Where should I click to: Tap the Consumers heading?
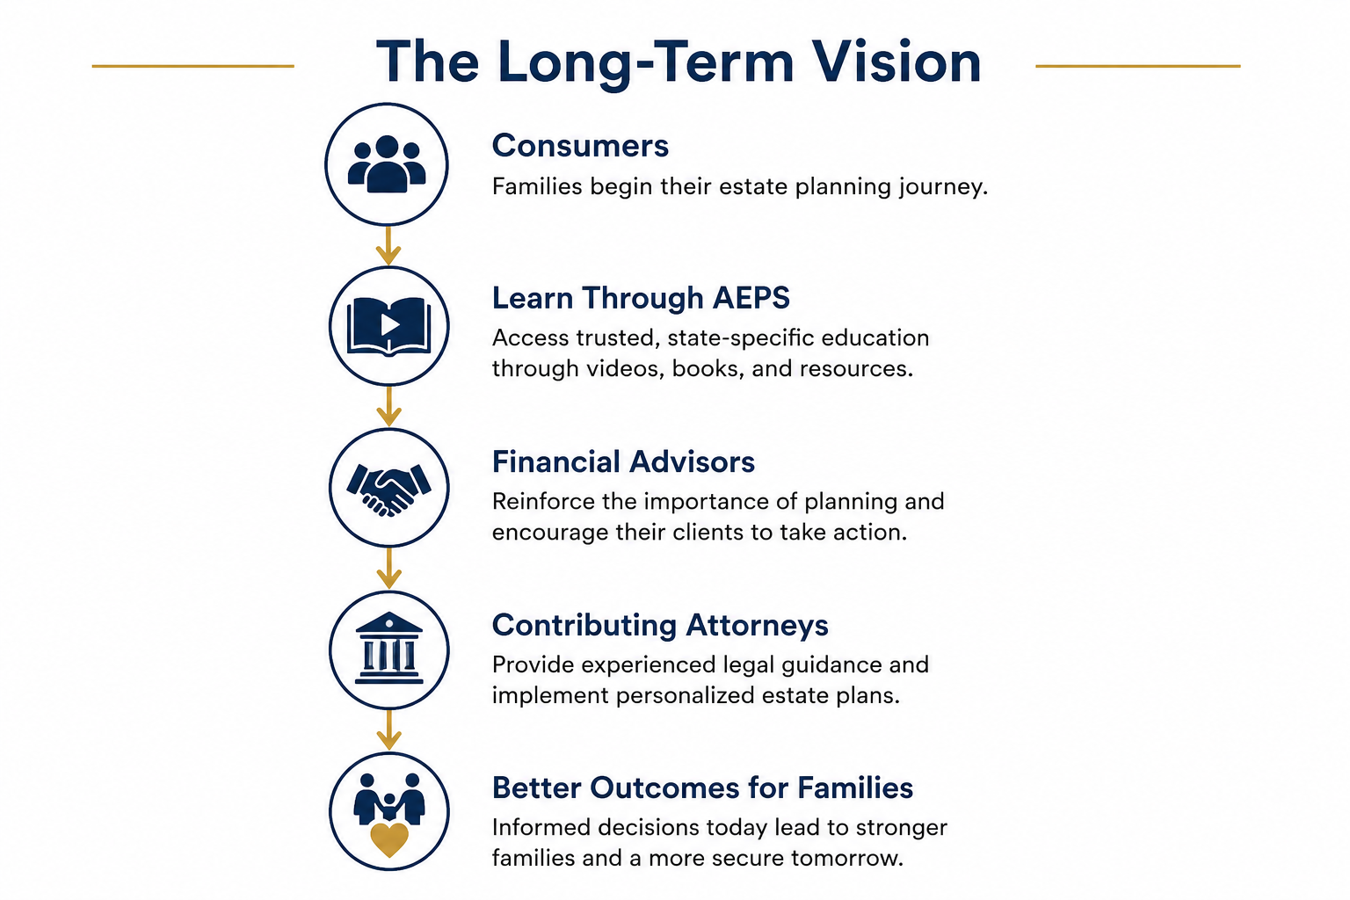580,146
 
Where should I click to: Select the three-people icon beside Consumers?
387,164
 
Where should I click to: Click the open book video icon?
389,326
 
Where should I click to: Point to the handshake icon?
389,490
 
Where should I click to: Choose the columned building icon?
389,648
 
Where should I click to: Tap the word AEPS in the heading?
751,298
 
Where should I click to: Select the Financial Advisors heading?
623,462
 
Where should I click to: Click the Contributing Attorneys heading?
660,626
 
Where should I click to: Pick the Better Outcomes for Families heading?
703,787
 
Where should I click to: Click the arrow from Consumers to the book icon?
388,246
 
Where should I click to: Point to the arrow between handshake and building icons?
389,569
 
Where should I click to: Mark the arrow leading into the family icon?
389,730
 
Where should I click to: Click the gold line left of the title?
192,66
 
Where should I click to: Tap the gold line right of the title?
1138,66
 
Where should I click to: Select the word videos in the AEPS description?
625,368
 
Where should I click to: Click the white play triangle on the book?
389,325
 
